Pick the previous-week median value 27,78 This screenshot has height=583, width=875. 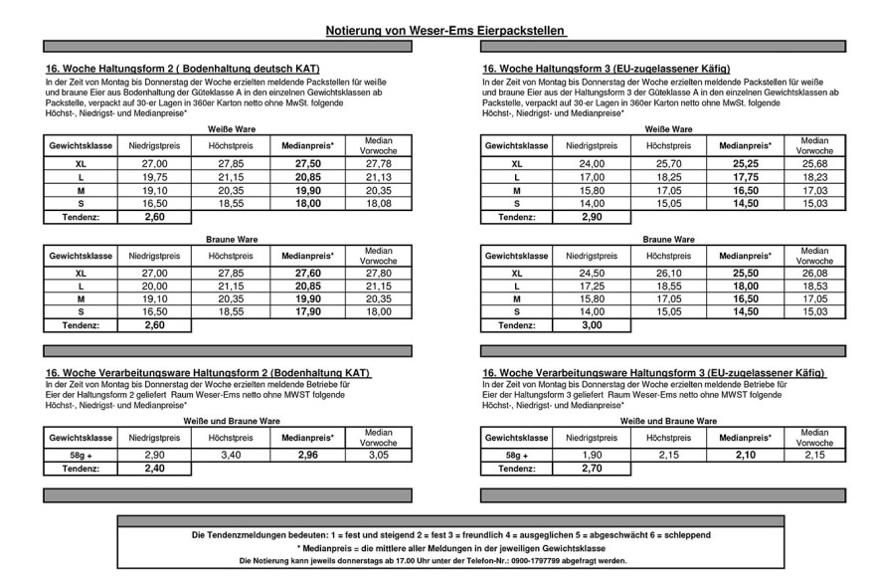(x=379, y=163)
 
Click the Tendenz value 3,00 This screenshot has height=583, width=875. (x=593, y=324)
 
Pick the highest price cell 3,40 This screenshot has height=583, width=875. (x=231, y=454)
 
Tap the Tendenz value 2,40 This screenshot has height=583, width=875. (x=153, y=468)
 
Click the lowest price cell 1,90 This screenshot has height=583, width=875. (x=593, y=454)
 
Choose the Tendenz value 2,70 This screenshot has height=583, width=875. (x=593, y=468)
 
